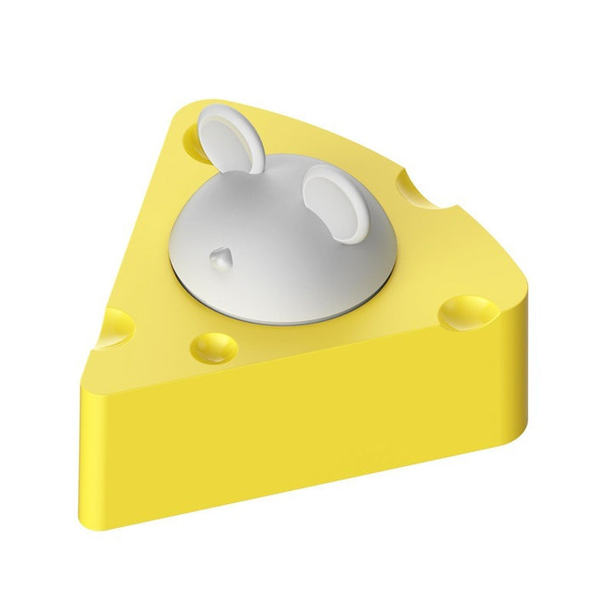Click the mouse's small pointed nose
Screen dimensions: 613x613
click(220, 255)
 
